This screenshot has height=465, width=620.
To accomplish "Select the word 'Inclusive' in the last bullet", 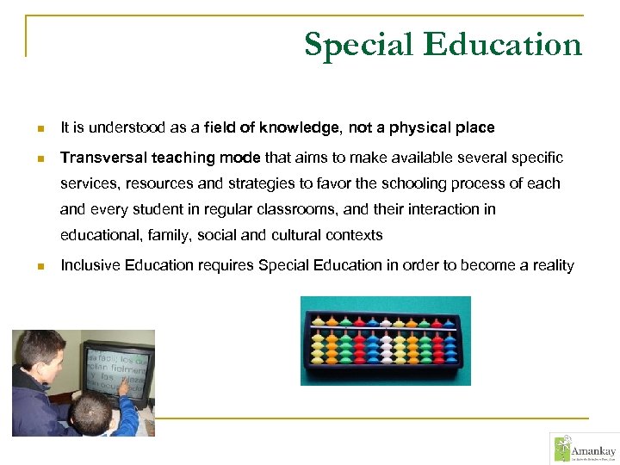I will click(x=90, y=265).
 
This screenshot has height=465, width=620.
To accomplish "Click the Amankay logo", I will click(x=582, y=448).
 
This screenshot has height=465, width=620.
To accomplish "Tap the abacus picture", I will click(x=385, y=341).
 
